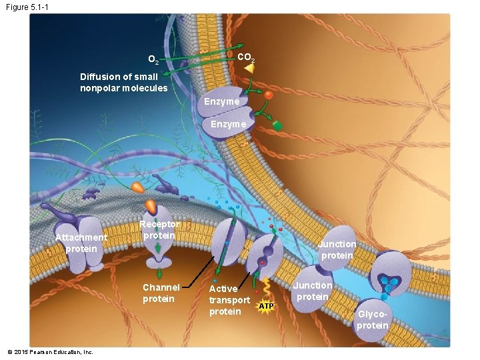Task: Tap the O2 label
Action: click(x=153, y=61)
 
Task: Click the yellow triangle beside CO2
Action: click(x=249, y=68)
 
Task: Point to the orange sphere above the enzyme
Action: click(x=269, y=95)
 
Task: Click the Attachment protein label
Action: click(x=81, y=243)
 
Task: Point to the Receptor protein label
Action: click(x=159, y=230)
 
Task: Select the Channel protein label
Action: click(x=161, y=293)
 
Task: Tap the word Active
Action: click(x=223, y=289)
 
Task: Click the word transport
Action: click(x=229, y=300)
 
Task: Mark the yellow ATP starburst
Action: click(x=266, y=306)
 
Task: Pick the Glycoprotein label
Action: click(x=372, y=319)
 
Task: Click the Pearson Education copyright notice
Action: click(x=50, y=351)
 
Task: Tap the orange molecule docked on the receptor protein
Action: click(x=152, y=205)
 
